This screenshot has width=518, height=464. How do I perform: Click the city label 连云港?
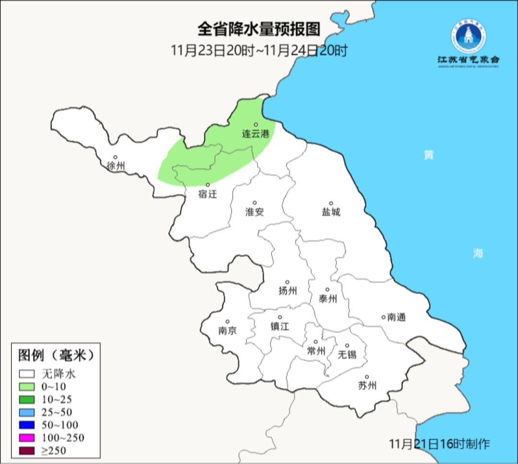tap(256, 134)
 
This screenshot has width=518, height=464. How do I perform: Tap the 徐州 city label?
tap(116, 166)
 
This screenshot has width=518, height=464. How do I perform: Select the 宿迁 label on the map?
tap(208, 194)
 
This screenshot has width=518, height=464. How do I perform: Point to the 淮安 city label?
tap(255, 212)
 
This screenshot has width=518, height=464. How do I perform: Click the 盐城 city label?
tap(330, 212)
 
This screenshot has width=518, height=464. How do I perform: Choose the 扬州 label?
tap(287, 291)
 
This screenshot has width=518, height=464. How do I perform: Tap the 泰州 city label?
tap(328, 299)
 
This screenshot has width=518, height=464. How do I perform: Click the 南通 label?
tap(396, 317)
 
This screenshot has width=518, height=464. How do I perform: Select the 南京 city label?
tap(227, 330)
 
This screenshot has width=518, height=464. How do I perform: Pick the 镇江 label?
tap(280, 326)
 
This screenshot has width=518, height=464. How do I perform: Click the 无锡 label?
tap(347, 354)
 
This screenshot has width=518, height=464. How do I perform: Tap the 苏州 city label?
tap(367, 385)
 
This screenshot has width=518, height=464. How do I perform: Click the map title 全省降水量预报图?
tap(259, 29)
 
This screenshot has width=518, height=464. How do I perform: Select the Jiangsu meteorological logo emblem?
tap(468, 36)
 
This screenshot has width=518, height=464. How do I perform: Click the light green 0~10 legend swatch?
tap(27, 386)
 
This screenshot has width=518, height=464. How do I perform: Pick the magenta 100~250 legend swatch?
tap(27, 437)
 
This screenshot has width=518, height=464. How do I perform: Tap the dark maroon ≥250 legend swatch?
tap(27, 450)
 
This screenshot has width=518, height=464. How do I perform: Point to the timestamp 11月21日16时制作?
tap(439, 443)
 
